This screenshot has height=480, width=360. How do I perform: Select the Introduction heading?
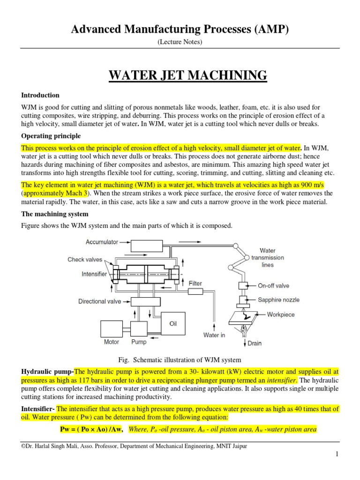[39, 95]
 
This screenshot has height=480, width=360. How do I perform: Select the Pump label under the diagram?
[139, 342]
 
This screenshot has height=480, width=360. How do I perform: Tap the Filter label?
[195, 284]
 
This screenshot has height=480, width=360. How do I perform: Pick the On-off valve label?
[274, 285]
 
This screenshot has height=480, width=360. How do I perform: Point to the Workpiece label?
[281, 315]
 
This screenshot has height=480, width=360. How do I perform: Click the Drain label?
[255, 343]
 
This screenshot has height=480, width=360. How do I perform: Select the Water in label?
[214, 335]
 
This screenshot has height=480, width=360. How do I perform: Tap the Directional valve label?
[99, 302]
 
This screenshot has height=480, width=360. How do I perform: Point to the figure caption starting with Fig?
[180, 360]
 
